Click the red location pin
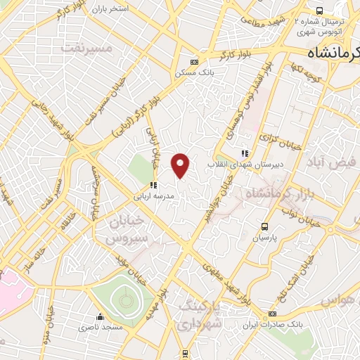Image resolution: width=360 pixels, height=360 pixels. pyautogui.click(x=181, y=165)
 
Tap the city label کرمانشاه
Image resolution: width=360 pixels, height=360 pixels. pyautogui.click(x=331, y=53)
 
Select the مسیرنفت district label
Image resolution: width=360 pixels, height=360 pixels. pyautogui.click(x=86, y=49)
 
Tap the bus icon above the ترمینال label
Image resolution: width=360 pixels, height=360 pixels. pyautogui.click(x=319, y=11)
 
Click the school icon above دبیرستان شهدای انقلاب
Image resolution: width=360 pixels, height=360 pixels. pyautogui.click(x=244, y=153)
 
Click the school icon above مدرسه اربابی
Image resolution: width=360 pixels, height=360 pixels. pyautogui.click(x=152, y=185)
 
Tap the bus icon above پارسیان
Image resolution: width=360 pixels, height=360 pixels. pyautogui.click(x=265, y=226)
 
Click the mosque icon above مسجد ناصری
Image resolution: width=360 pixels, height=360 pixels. pyautogui.click(x=101, y=316)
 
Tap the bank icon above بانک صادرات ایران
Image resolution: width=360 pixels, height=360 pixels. pyautogui.click(x=272, y=314)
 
